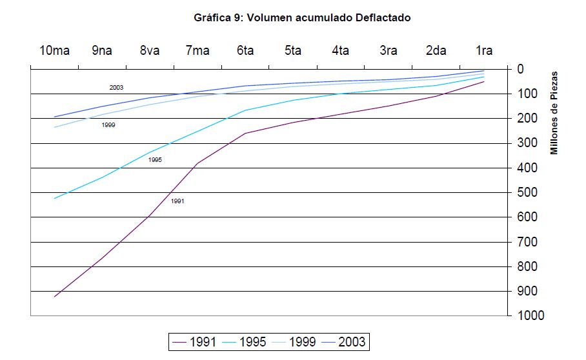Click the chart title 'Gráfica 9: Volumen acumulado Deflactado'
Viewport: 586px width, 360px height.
(302, 18)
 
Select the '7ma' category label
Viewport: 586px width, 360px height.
(197, 50)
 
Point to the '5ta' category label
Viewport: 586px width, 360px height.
(293, 50)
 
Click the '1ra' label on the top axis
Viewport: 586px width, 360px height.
(483, 50)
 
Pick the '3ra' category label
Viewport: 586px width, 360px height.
(388, 50)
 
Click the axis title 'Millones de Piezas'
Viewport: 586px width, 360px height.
(554, 113)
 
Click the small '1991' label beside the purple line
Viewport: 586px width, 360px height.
(177, 201)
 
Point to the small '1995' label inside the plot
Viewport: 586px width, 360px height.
(154, 159)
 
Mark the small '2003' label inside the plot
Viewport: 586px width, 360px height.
(116, 87)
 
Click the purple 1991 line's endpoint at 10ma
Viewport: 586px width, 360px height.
(55, 297)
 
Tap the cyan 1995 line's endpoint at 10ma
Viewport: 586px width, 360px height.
(55, 198)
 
